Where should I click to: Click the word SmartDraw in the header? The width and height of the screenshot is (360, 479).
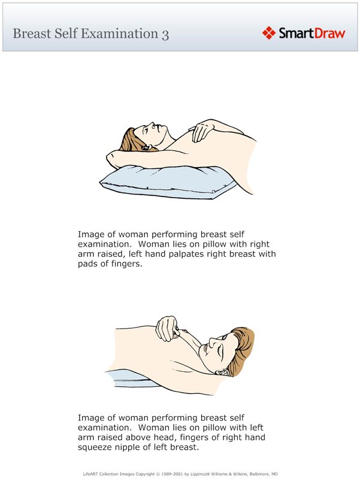point(311,33)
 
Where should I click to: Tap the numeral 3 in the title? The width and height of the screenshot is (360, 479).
point(165,34)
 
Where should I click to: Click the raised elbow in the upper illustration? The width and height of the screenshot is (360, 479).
point(111,157)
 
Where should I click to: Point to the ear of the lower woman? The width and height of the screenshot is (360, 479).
point(223,371)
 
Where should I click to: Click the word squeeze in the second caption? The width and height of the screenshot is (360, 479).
point(95,447)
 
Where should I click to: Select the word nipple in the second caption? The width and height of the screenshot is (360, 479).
point(131,447)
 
